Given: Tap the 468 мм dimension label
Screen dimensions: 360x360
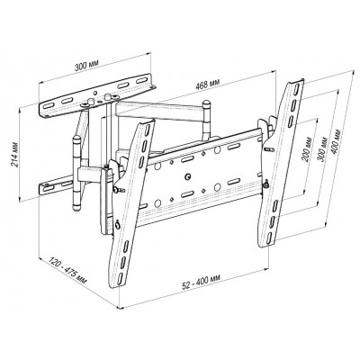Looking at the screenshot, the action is point(207,85).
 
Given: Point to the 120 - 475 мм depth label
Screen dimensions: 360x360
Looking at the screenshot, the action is point(67,271).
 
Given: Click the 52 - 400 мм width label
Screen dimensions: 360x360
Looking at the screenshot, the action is point(202,282).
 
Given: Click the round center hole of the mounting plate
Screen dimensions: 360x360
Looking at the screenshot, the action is point(188,176).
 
